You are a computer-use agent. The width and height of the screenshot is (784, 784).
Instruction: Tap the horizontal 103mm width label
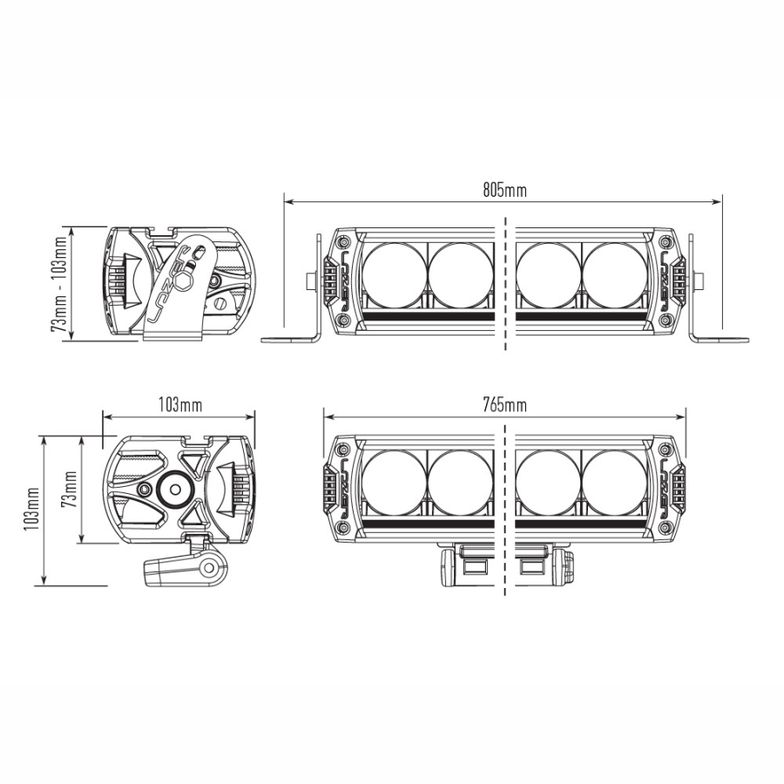[180, 404]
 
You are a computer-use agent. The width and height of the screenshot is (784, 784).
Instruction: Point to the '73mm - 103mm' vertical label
[58, 284]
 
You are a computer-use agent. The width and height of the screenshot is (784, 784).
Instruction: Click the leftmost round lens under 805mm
[393, 274]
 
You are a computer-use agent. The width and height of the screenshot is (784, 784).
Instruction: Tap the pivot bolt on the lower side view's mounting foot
[209, 568]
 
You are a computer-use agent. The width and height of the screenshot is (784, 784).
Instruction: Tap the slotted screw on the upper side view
[220, 304]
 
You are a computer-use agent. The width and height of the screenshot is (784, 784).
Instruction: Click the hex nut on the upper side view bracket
[185, 281]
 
